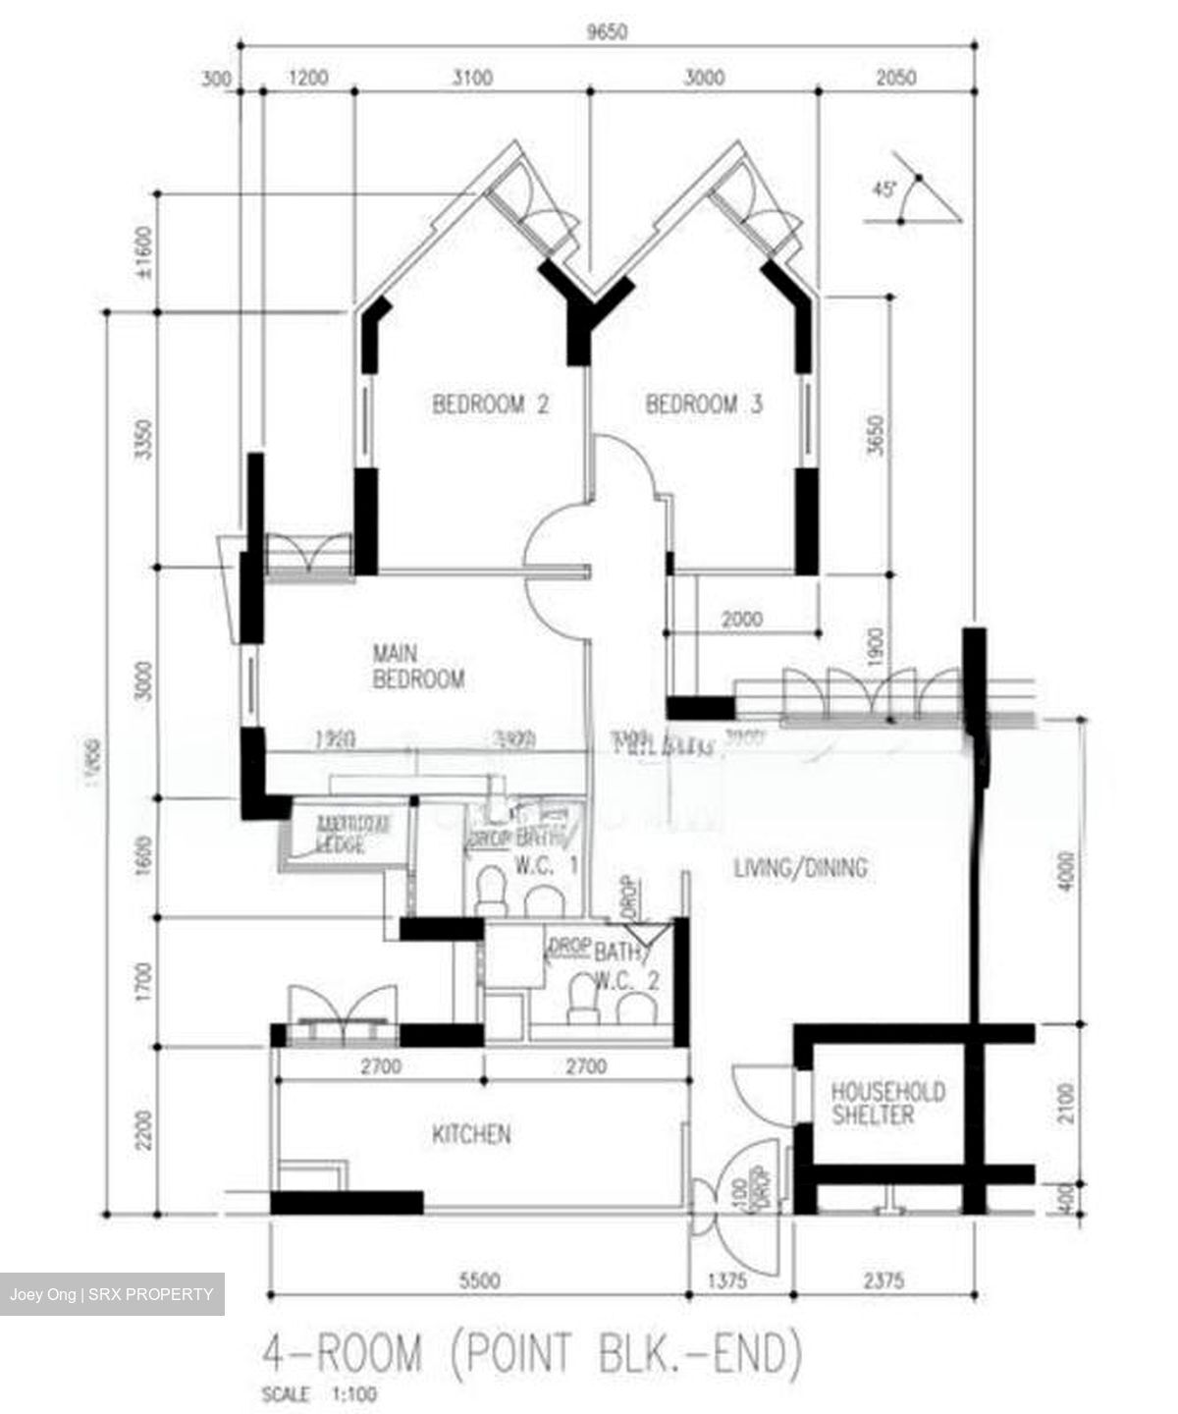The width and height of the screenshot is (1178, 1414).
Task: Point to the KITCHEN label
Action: [471, 1135]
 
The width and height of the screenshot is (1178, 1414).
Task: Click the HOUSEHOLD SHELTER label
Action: [887, 1103]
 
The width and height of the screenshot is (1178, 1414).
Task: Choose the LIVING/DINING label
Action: [800, 868]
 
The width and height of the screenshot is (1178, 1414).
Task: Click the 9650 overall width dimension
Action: [607, 31]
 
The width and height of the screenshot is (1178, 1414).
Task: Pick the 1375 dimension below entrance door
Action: [727, 1280]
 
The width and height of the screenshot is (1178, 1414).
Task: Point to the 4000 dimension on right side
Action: [1068, 868]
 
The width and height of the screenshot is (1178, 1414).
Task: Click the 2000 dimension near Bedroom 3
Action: [741, 620]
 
